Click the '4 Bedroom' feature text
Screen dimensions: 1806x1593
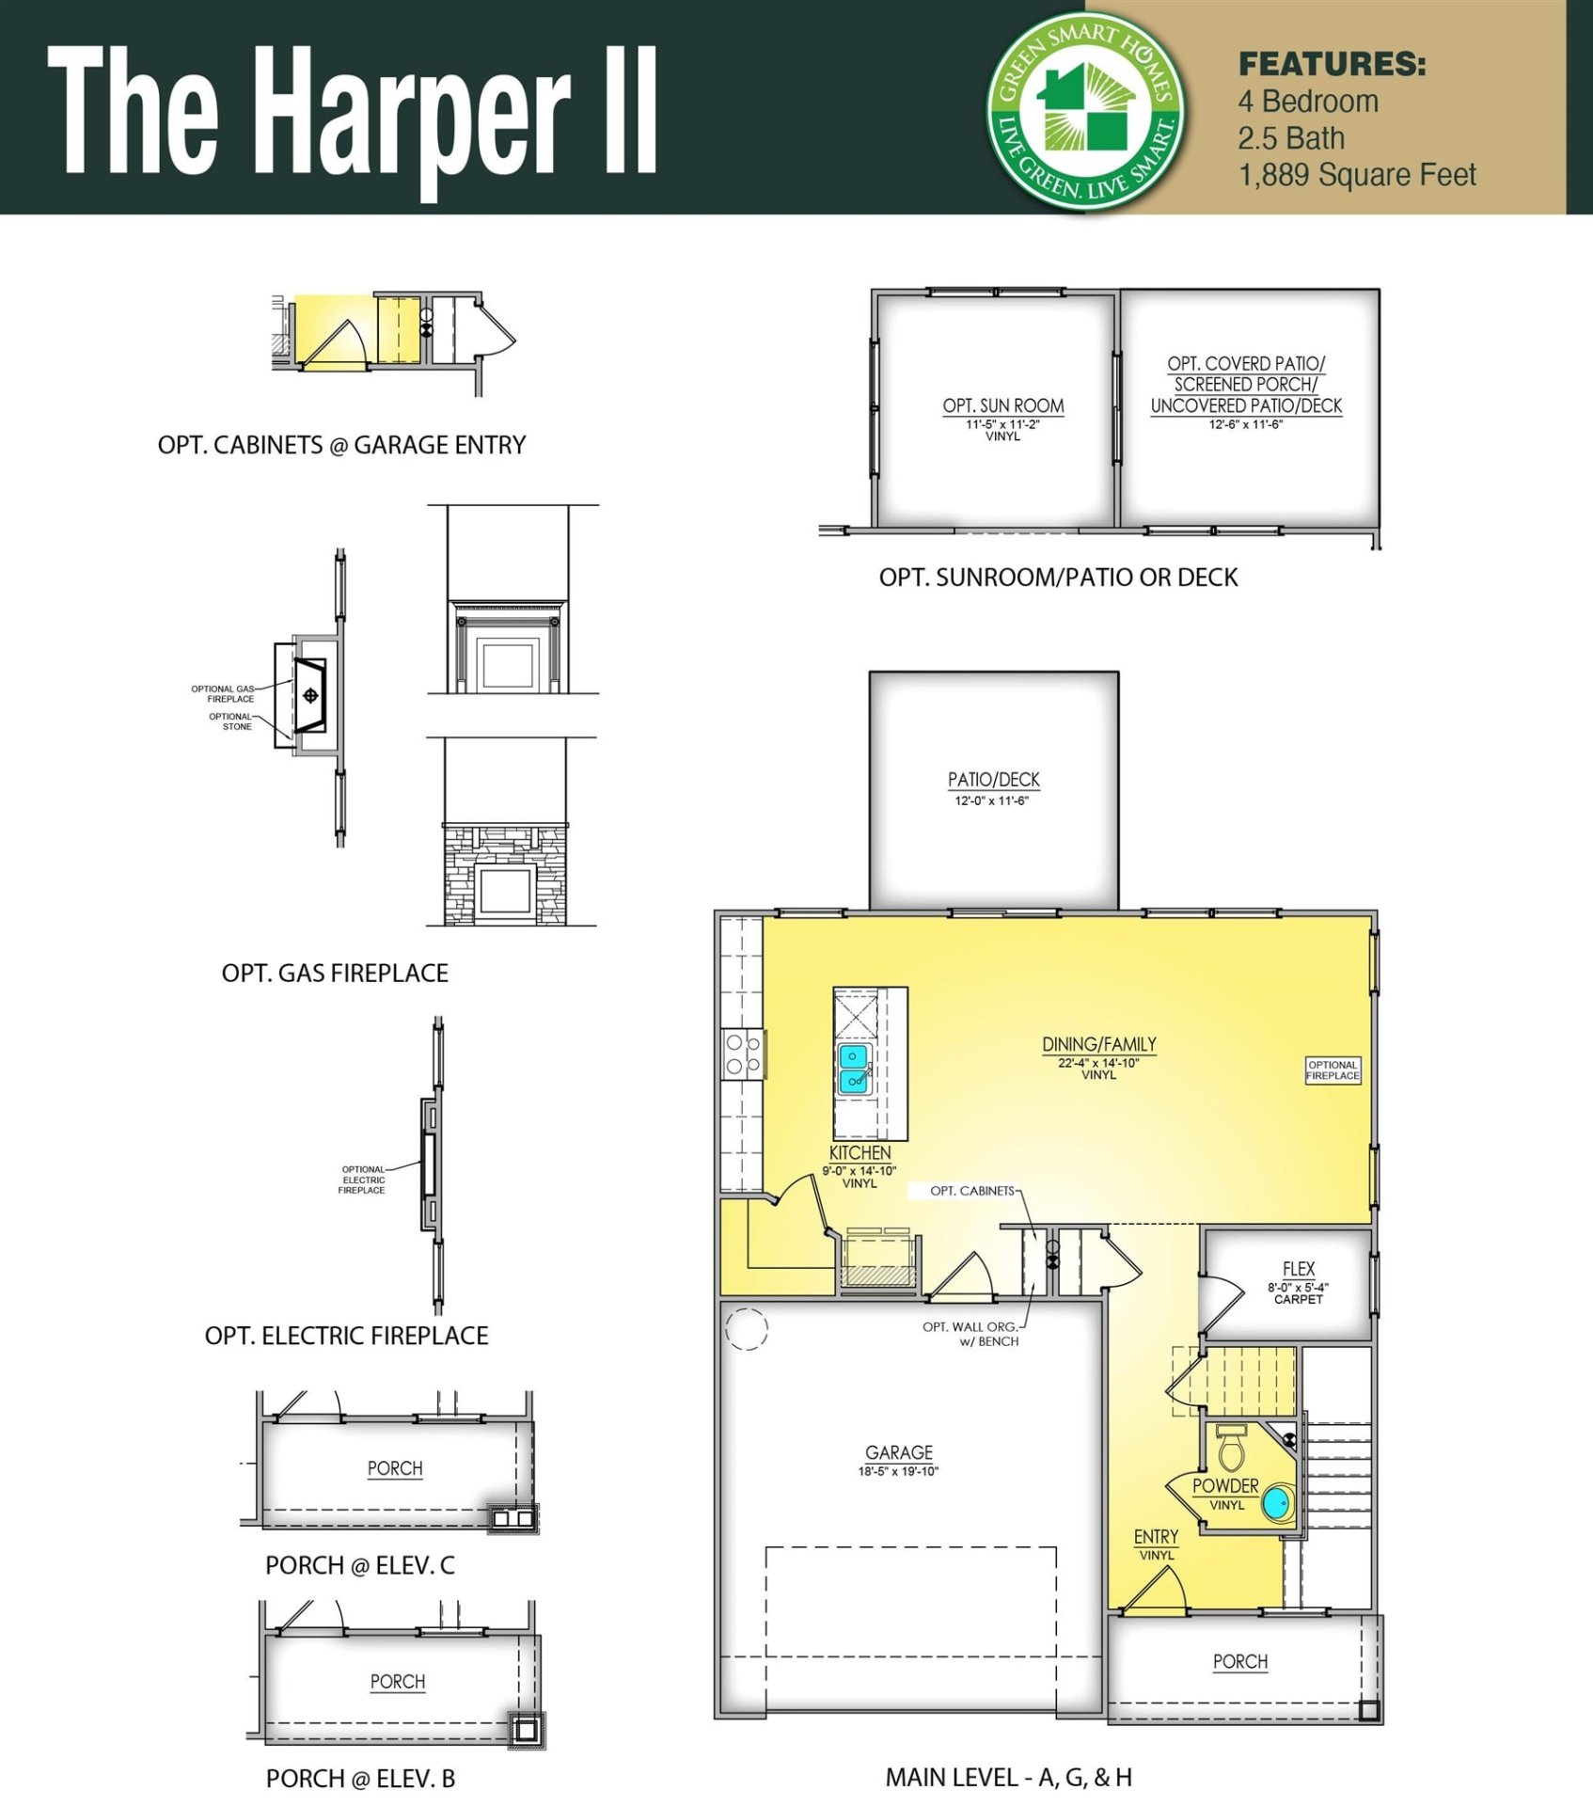click(x=1308, y=102)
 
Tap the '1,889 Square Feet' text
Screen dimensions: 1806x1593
click(x=1356, y=175)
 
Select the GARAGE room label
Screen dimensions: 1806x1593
click(x=899, y=1452)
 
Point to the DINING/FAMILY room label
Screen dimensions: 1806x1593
click(x=1098, y=1044)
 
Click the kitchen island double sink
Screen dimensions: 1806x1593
click(x=854, y=1068)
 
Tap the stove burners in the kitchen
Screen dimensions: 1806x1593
click(x=741, y=1054)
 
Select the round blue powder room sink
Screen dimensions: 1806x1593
click(x=1277, y=1503)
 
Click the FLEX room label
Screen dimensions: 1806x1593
click(x=1298, y=1269)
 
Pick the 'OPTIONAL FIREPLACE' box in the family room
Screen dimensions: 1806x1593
click(x=1333, y=1070)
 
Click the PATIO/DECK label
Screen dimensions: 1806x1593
click(x=993, y=780)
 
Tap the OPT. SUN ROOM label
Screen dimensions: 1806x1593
click(x=1002, y=405)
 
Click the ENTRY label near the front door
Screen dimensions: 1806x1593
click(x=1156, y=1536)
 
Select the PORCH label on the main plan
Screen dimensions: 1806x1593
click(x=1239, y=1661)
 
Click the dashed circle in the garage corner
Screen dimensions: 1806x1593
click(x=747, y=1329)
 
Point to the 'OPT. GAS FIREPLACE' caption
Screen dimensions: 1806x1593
click(x=335, y=973)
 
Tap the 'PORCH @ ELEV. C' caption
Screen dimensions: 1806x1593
click(x=359, y=1565)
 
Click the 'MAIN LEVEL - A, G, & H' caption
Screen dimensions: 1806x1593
click(x=1008, y=1777)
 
